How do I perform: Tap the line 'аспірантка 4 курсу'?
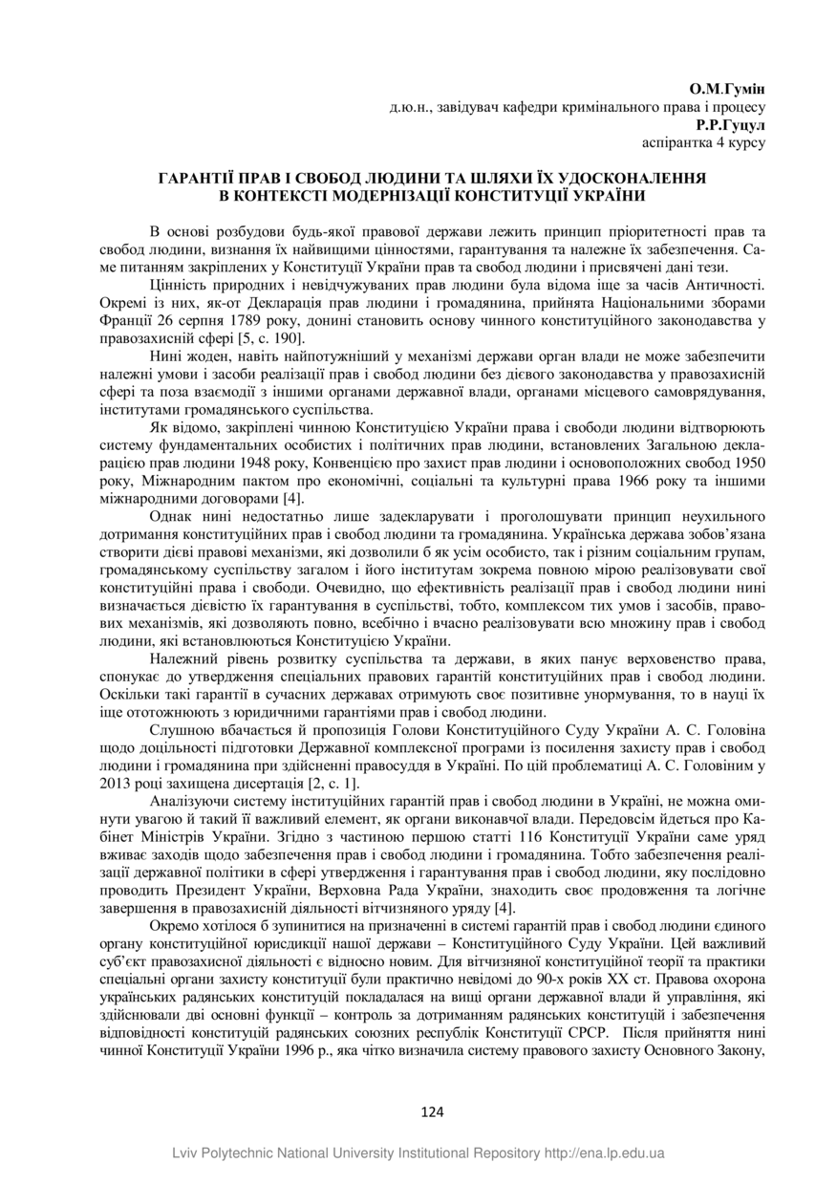pyautogui.click(x=702, y=142)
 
